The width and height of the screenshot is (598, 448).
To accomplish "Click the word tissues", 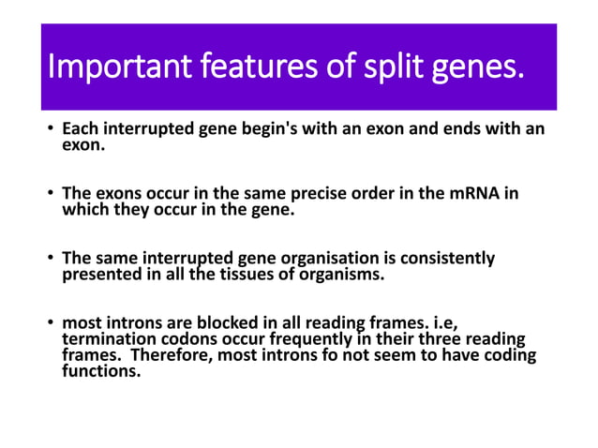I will click(227, 274).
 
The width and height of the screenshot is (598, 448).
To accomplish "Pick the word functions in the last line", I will click(100, 370).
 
